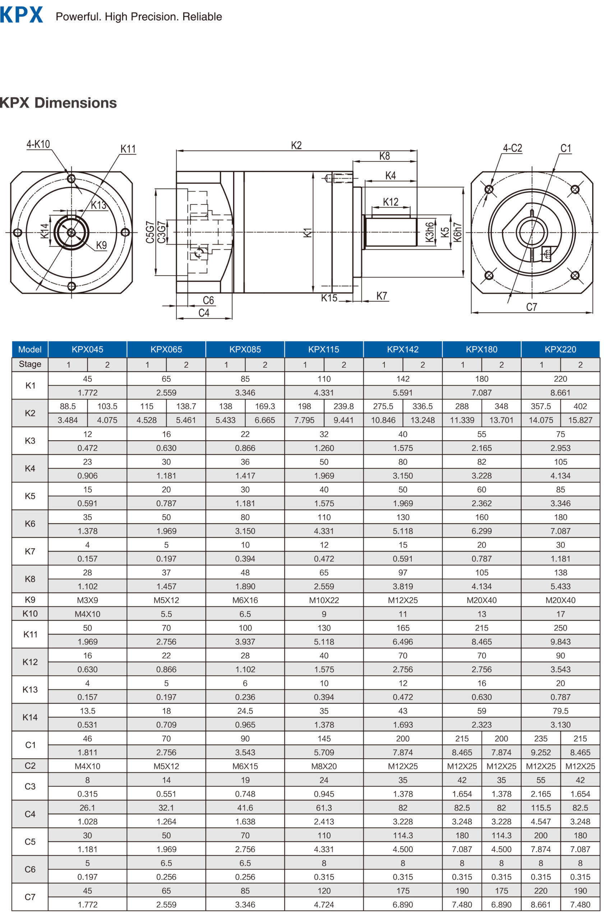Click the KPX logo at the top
(x=21, y=15)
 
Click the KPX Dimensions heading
(x=58, y=103)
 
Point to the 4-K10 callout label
(x=38, y=144)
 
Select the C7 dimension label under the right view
(x=531, y=307)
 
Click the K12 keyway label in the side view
(x=390, y=202)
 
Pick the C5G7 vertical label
(x=149, y=232)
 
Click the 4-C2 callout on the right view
(x=512, y=148)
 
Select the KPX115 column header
(x=323, y=349)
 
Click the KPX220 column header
(x=560, y=349)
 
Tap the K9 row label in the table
(x=30, y=599)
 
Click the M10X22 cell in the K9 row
(x=323, y=600)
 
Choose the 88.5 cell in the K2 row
(x=68, y=406)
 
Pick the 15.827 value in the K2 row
(x=580, y=420)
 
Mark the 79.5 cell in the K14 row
(x=560, y=710)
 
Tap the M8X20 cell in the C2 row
(x=323, y=766)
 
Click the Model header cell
(x=30, y=349)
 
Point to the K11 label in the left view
(x=128, y=149)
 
